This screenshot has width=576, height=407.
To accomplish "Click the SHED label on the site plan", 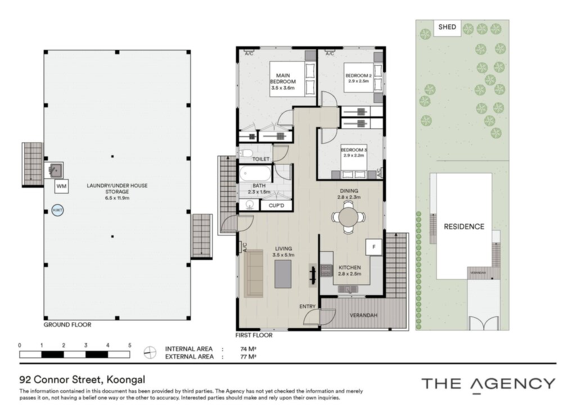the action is point(447,27).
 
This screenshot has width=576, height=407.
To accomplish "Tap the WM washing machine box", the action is point(61,187).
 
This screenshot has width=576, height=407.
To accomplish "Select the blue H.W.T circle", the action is point(57,210).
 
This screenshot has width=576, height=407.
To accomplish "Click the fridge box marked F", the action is point(374,247).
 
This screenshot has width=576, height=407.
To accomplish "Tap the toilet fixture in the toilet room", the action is point(246,153).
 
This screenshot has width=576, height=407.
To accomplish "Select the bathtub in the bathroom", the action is point(256,174).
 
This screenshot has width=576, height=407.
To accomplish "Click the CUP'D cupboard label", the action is point(276,206).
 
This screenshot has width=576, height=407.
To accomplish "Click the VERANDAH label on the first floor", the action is point(363,315).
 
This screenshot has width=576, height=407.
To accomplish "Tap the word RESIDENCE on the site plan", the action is point(464,227).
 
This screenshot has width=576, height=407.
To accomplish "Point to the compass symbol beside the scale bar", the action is point(150,352).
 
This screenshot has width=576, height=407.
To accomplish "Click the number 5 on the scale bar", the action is point(130,345).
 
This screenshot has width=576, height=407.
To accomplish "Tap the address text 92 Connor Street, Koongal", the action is point(82,379).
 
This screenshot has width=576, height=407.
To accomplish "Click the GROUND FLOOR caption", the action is point(67,325).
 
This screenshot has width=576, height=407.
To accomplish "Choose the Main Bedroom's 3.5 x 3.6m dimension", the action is point(283,88).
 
